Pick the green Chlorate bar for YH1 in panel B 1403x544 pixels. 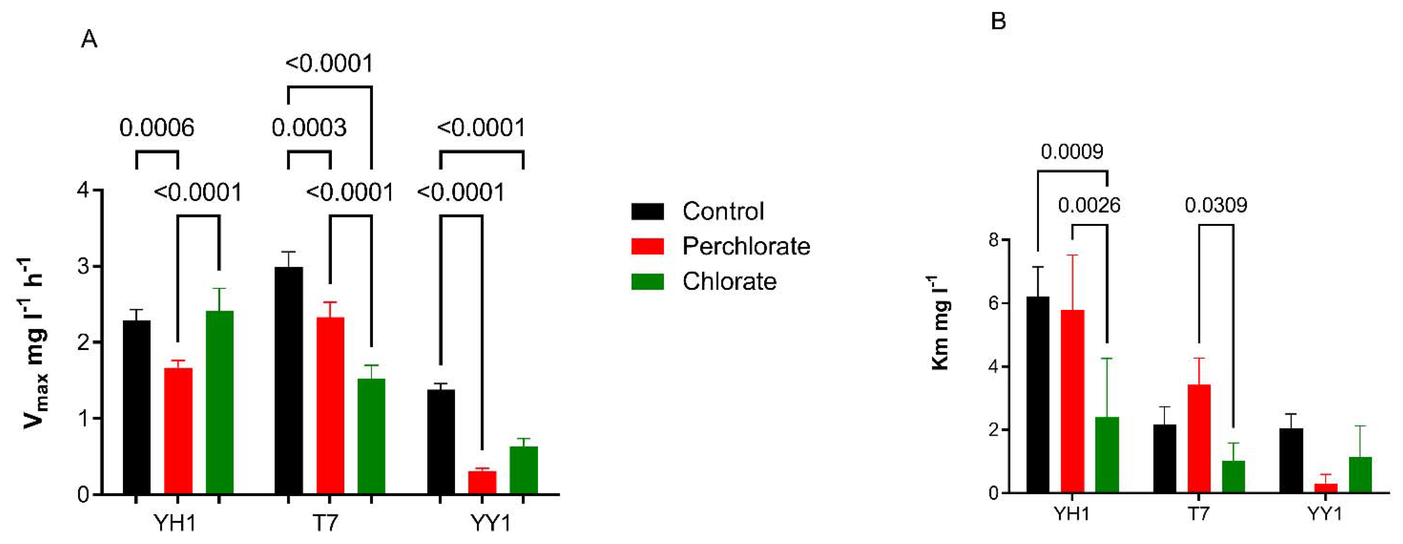tap(1107, 455)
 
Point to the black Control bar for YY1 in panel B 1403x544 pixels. tap(1291, 460)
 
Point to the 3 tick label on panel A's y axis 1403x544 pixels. tap(83, 266)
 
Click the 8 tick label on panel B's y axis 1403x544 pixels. tap(993, 240)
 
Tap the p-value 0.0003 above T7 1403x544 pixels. tap(309, 128)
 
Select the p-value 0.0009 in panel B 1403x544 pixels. tap(1072, 152)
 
